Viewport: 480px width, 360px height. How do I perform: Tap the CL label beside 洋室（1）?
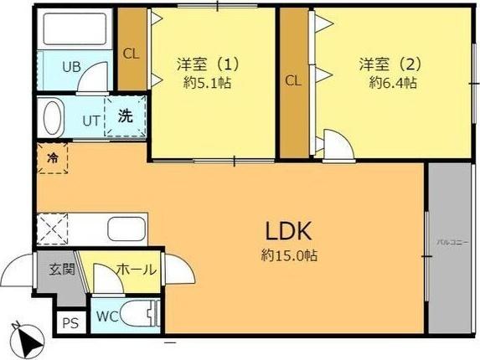tap(131, 53)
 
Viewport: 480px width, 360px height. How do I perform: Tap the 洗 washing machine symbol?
tap(125, 116)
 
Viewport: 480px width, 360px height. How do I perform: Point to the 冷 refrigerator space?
tap(52, 157)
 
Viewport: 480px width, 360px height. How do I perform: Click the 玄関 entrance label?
tap(61, 270)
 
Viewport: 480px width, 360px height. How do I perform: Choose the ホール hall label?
tap(135, 270)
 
